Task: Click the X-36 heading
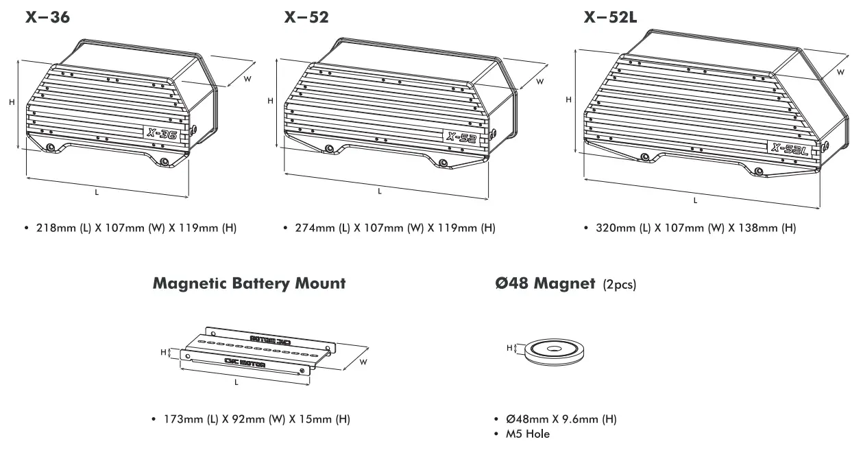coord(47,18)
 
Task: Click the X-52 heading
coord(306,18)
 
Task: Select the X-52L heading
coord(610,18)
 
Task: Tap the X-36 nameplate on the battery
coord(162,135)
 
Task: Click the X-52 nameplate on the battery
coord(461,138)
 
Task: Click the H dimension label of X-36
coord(12,102)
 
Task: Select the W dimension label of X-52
coord(540,82)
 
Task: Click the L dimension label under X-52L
coord(695,200)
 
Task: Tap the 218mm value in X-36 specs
coord(55,228)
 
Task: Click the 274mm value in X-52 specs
coord(313,228)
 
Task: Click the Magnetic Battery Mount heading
coord(250,283)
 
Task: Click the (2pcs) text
coord(619,284)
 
